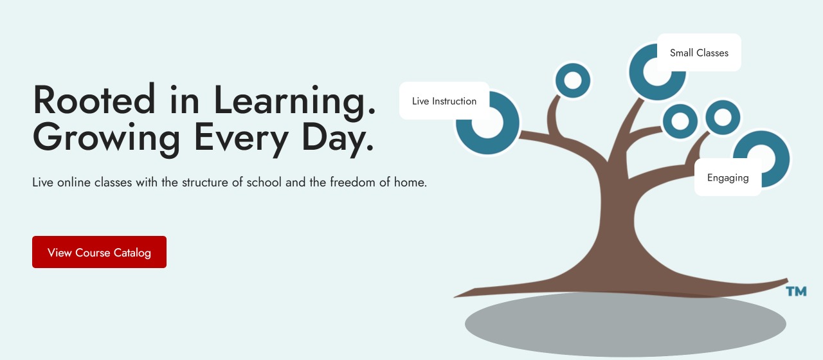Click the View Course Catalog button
(x=99, y=252)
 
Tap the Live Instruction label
(x=444, y=101)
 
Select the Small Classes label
(x=699, y=53)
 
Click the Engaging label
(x=728, y=177)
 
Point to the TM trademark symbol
(x=796, y=291)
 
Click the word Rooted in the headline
(x=94, y=100)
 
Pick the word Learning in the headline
(x=294, y=102)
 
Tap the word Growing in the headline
(x=106, y=139)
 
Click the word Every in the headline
(x=241, y=139)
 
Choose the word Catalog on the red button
(x=132, y=253)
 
